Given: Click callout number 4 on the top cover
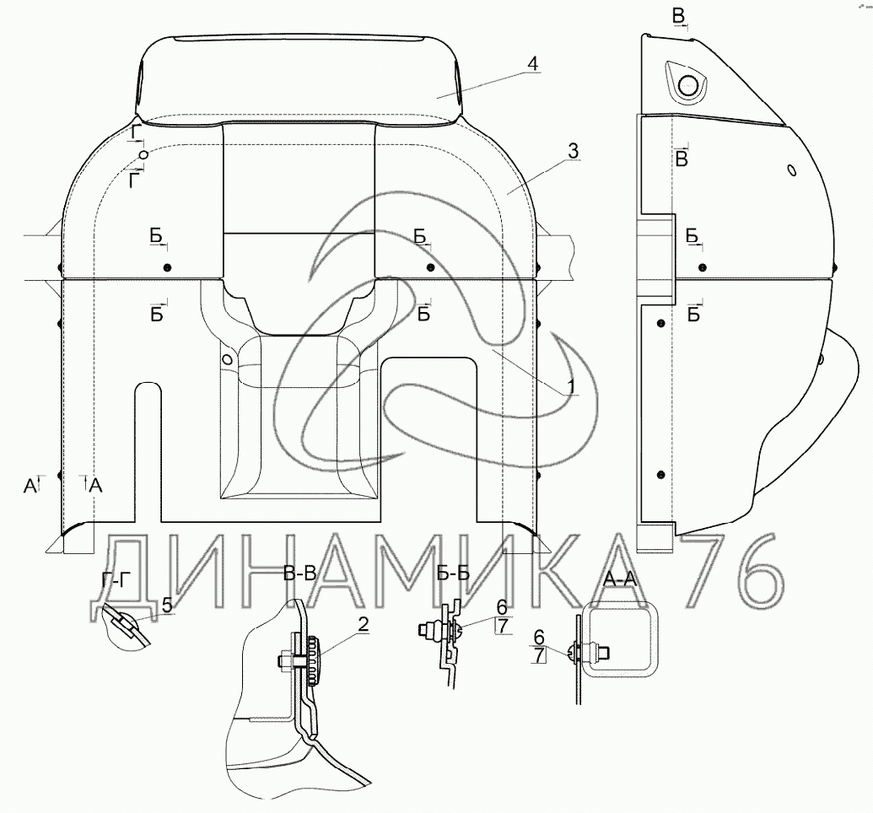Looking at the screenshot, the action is (533, 64).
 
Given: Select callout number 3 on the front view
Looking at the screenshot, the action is (573, 151).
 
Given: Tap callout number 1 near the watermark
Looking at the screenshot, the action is (569, 386).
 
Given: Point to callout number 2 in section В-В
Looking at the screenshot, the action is (363, 625).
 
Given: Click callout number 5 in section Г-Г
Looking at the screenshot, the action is (167, 605).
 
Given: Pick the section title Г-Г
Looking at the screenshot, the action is (116, 580).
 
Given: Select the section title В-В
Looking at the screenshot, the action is (299, 573).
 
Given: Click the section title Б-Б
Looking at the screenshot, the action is (453, 573).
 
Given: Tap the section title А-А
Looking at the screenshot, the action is (619, 579).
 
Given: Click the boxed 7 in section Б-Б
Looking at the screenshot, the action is (502, 626).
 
